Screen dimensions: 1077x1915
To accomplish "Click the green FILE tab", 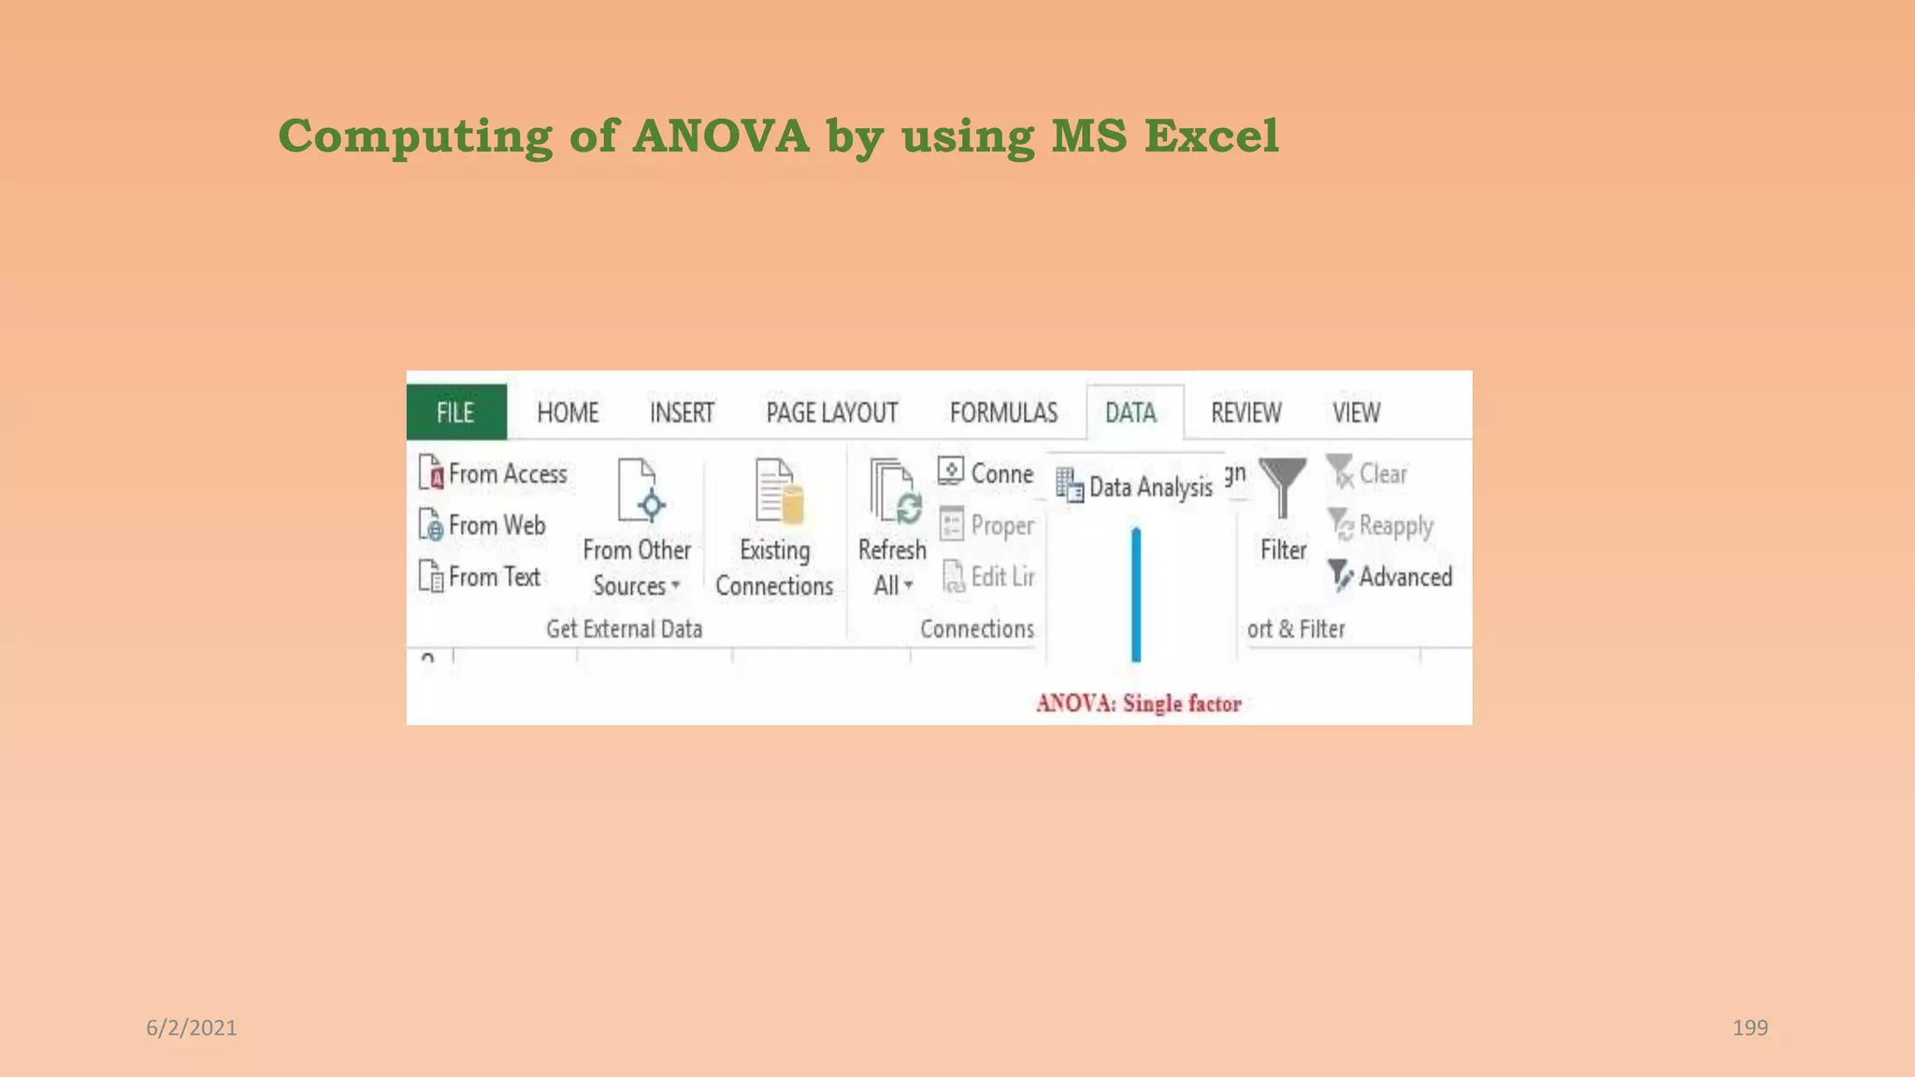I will tap(455, 412).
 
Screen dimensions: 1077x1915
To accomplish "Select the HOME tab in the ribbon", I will tap(567, 412).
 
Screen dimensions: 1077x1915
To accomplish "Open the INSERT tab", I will tap(682, 412).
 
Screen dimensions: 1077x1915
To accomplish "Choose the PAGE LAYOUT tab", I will tap(831, 412).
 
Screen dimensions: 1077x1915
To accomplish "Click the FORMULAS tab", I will tap(1003, 412).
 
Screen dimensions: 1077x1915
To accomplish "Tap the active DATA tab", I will tap(1130, 412).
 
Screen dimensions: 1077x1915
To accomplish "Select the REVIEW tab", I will tap(1245, 412).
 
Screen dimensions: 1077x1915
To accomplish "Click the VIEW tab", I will tap(1356, 412).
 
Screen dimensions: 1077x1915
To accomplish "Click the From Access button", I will tap(494, 474).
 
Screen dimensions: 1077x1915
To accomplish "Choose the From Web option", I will tap(483, 525).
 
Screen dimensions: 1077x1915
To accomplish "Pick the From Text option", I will tap(481, 577).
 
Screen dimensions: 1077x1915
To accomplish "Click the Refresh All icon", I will tap(894, 492).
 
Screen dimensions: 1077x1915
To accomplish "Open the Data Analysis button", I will tap(1135, 486).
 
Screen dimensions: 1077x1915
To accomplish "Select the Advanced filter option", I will tap(1391, 577).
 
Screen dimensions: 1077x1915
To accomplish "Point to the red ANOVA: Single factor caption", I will tap(1138, 703).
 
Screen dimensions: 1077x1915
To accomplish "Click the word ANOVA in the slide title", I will tap(721, 136).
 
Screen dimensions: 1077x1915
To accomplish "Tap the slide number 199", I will tap(1749, 1027).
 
